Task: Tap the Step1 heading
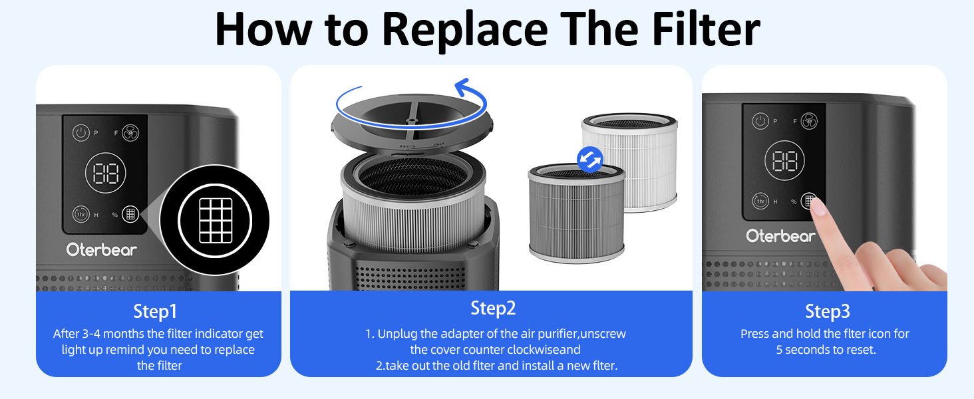click(156, 311)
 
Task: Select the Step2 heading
click(493, 308)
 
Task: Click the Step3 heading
click(828, 311)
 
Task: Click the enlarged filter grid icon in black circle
click(215, 220)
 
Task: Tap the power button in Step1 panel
click(81, 132)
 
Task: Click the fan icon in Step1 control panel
click(130, 132)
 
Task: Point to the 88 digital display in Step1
click(105, 174)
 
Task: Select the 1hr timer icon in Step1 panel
click(81, 214)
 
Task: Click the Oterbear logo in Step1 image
click(101, 250)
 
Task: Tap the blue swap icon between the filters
click(589, 159)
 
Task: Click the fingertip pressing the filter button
click(818, 207)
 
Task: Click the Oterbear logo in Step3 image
click(780, 236)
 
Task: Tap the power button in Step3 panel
click(760, 121)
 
